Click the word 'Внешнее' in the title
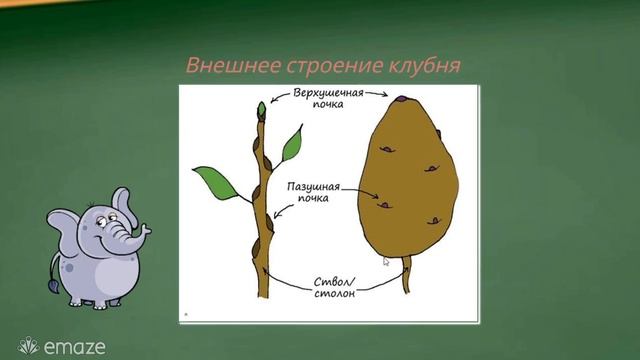coord(222,66)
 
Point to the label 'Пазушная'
coord(314,188)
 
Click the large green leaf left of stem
coord(212,180)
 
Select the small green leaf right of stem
coord(292,146)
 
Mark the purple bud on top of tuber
coord(399,98)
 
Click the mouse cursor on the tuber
coord(387,261)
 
